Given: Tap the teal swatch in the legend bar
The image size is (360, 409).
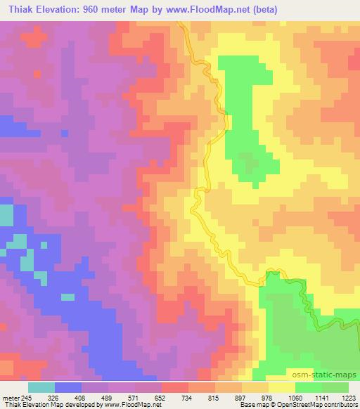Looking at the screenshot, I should point(41,387).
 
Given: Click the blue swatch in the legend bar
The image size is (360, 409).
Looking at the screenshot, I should point(68,387).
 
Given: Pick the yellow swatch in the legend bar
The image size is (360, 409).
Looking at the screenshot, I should point(281,387).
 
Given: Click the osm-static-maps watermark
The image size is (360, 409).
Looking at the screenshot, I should point(328,377).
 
